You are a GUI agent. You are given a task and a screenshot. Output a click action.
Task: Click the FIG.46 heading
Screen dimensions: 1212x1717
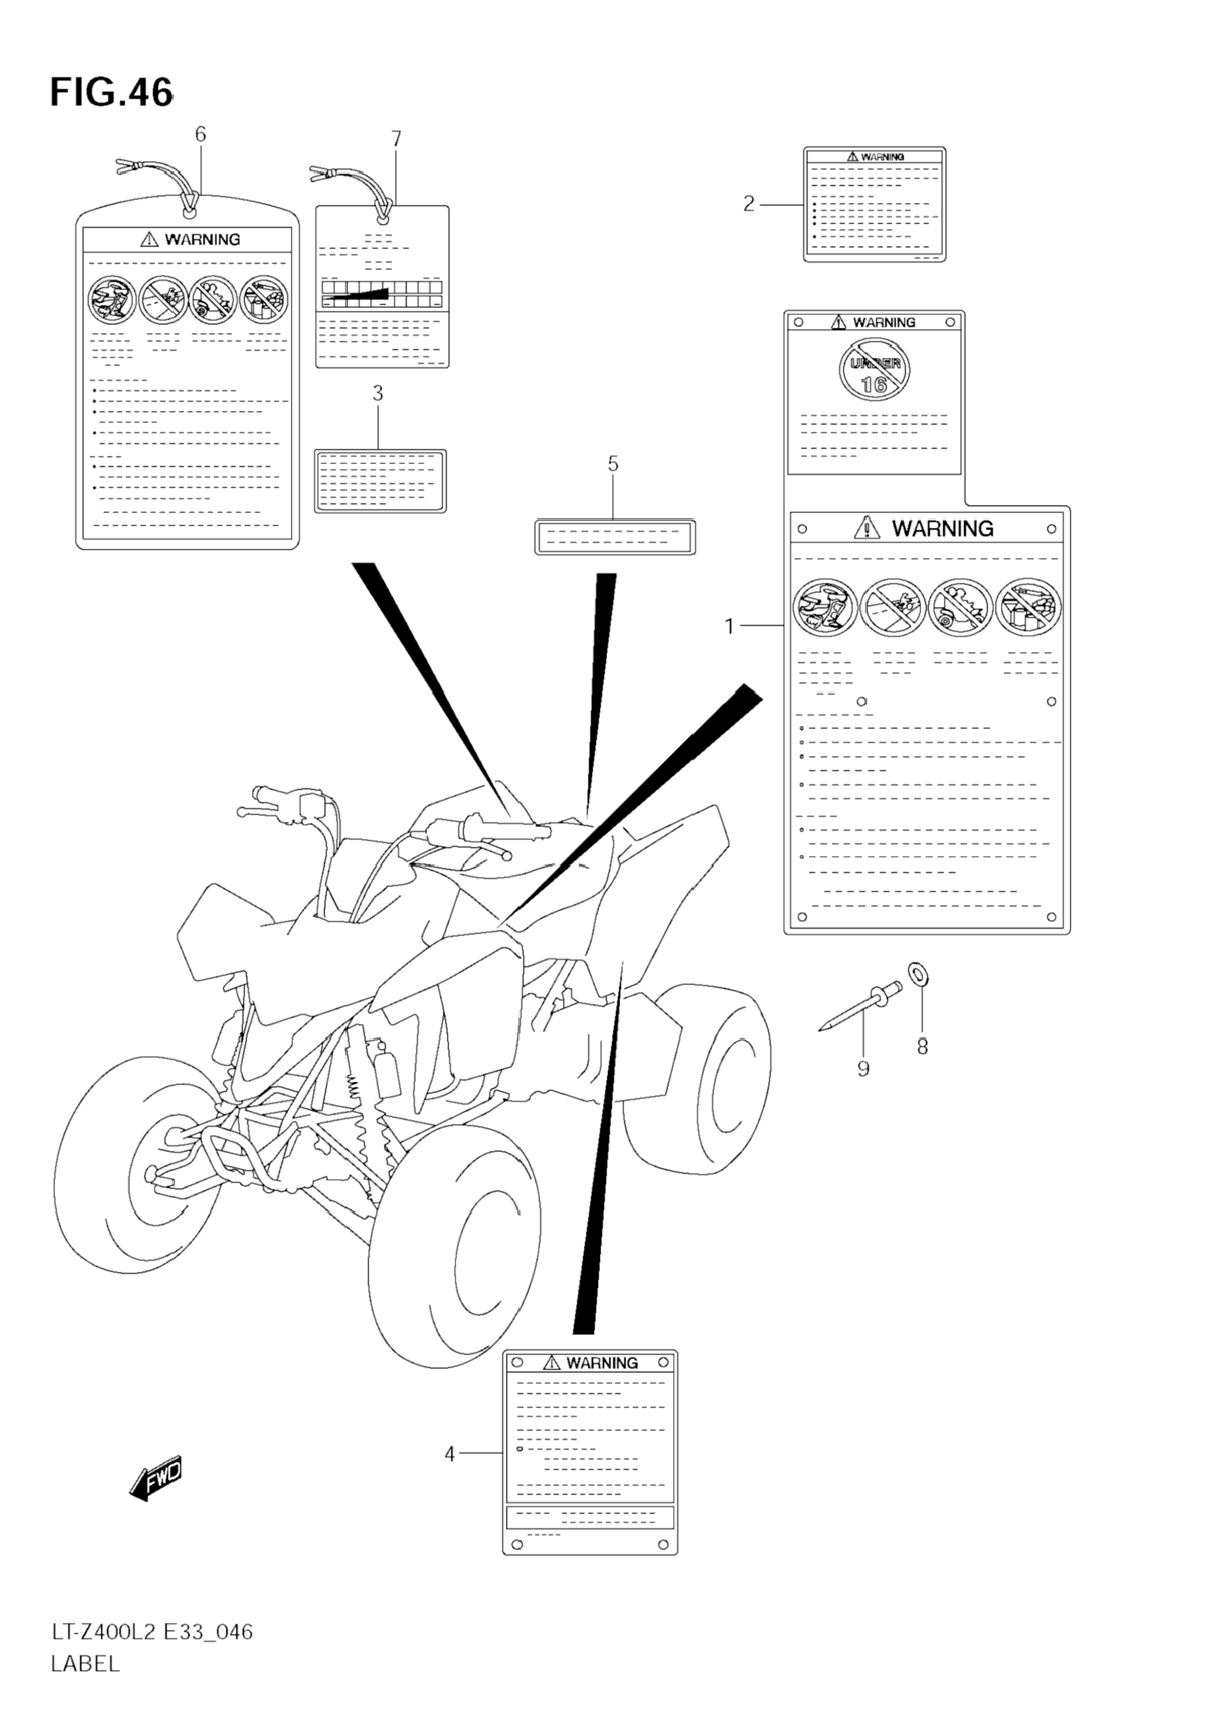111,93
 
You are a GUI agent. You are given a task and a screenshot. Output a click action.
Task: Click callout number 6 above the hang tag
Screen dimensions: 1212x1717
200,134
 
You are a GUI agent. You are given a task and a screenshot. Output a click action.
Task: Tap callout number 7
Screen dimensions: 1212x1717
396,139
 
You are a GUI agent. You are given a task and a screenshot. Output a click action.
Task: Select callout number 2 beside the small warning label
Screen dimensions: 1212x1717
748,203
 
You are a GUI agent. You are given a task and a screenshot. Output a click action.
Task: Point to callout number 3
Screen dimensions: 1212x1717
378,393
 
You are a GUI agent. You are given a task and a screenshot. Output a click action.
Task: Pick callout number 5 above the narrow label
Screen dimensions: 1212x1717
613,465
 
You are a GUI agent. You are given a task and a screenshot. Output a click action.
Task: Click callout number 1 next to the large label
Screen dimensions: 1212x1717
730,626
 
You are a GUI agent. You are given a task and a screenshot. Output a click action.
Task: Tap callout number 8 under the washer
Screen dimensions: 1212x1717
922,1047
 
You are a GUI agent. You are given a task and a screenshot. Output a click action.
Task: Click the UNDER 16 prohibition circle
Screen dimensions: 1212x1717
874,369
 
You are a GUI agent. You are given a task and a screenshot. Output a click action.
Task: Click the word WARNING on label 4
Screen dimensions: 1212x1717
601,1362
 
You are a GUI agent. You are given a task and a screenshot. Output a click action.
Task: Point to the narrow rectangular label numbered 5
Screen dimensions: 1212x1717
615,537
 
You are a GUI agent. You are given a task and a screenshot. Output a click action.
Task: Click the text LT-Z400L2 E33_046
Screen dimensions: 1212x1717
152,1631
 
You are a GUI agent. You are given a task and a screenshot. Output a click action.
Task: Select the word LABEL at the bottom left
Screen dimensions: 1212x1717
85,1664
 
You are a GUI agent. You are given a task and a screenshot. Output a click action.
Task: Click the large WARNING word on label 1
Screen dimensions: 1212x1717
942,528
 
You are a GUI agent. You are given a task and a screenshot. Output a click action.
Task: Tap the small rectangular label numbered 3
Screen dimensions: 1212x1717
380,481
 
